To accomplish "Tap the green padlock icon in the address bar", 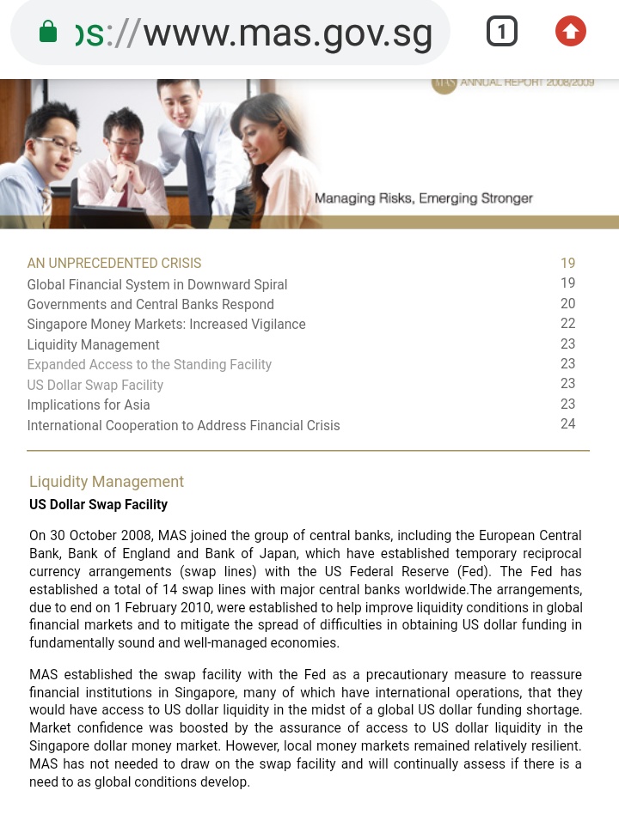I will coord(48,33).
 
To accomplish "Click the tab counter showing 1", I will coord(502,32).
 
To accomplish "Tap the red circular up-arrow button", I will coord(570,32).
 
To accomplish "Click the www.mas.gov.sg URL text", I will coord(287,33).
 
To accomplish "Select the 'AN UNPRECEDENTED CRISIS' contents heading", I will coord(114,264).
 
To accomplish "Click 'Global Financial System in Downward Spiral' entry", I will coord(157,284).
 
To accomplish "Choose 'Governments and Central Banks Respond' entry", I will coord(150,305).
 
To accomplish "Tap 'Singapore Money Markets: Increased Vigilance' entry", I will coord(166,325).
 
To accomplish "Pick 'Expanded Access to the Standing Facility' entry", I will coord(150,365).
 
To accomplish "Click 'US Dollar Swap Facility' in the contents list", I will coord(95,386).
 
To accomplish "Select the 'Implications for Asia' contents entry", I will coord(89,405).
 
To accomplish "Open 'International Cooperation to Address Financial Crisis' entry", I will coord(183,426).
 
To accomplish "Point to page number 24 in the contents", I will coord(567,424).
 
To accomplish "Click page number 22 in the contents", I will coord(567,324).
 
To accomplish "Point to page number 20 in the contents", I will coord(567,304).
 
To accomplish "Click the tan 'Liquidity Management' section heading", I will coord(107,482).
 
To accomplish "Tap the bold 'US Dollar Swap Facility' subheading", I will coord(98,505).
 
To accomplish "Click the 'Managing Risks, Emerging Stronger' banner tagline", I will coord(424,198).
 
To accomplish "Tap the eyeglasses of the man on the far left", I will coord(60,144).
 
